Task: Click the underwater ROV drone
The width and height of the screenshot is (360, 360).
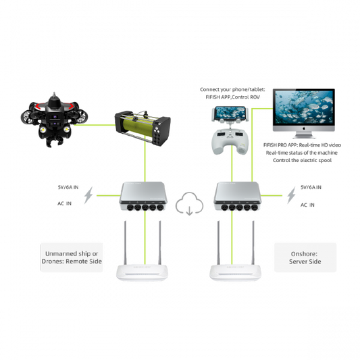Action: pos(55,120)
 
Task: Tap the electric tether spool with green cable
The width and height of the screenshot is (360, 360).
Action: pos(143,128)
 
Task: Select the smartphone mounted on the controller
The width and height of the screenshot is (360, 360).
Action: pos(230,114)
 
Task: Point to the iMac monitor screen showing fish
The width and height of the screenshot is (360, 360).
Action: pos(304,107)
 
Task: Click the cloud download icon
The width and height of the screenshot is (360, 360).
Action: pos(189,204)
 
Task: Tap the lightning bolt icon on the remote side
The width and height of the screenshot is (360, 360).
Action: pos(88,195)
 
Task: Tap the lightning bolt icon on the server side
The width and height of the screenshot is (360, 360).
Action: pos(292,195)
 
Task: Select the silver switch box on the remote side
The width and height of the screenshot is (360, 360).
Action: pos(143,197)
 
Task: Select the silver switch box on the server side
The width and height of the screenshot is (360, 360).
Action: pos(238,197)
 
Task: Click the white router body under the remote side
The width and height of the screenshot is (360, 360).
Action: pos(142,272)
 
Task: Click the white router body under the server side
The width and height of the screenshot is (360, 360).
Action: pos(236,272)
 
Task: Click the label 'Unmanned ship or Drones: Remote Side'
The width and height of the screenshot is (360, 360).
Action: pos(72,257)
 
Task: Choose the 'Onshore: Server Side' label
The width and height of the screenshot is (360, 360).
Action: pos(305,257)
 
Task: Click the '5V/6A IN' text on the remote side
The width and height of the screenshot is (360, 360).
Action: pos(68,187)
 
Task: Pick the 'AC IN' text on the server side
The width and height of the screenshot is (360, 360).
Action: pos(307,205)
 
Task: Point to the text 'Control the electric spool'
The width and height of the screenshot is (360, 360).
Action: pos(302,160)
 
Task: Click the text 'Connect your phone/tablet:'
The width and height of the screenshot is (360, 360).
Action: pos(232,89)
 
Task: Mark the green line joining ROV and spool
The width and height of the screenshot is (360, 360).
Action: pos(95,125)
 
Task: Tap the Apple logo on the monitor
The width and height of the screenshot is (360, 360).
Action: pos(304,128)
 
